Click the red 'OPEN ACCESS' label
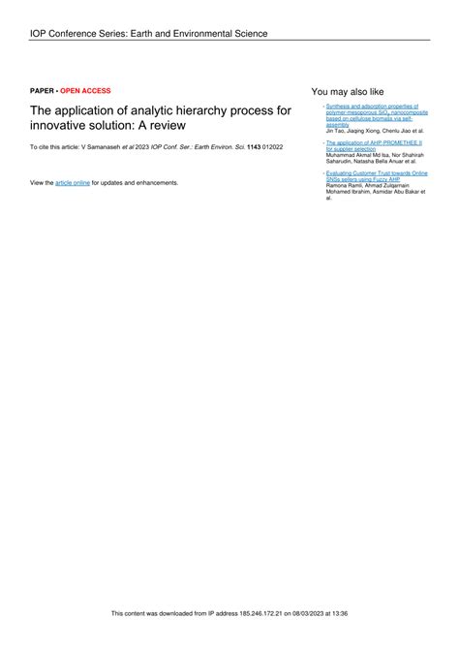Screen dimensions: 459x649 click(x=86, y=90)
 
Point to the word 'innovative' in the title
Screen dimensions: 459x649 click(x=60, y=126)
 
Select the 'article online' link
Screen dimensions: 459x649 click(x=73, y=182)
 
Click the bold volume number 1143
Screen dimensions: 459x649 click(x=256, y=146)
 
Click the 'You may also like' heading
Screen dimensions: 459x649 click(x=348, y=90)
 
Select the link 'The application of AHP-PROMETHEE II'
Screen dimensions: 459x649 click(x=374, y=141)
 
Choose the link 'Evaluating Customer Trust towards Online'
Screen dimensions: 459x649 click(x=378, y=172)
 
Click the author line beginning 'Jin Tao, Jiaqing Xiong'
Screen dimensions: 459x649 click(x=374, y=130)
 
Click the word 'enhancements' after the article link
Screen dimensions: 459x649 click(x=157, y=182)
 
